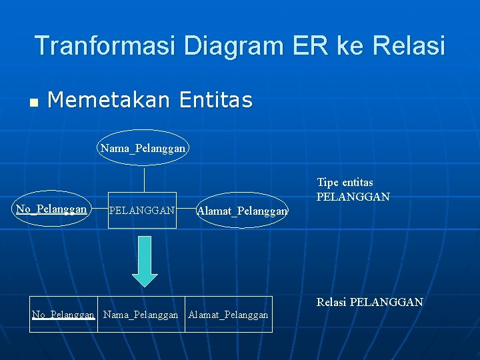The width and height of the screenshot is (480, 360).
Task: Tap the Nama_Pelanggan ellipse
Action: (143, 147)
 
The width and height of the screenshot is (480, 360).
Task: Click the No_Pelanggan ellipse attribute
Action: (51, 209)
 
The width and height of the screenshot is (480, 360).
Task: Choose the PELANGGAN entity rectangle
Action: (142, 211)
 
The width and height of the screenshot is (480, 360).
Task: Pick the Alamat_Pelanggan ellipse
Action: (243, 211)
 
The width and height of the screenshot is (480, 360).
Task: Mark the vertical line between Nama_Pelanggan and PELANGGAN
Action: (145, 178)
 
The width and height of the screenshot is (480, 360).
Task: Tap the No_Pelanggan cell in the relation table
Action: (64, 315)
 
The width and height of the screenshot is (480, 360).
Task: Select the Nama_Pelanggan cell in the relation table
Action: (141, 315)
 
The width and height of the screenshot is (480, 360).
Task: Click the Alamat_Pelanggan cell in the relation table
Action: (228, 315)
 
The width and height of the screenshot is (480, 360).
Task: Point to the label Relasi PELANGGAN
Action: (369, 303)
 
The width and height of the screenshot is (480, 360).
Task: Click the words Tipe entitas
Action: (345, 183)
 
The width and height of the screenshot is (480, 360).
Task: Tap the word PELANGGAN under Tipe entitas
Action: (353, 197)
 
